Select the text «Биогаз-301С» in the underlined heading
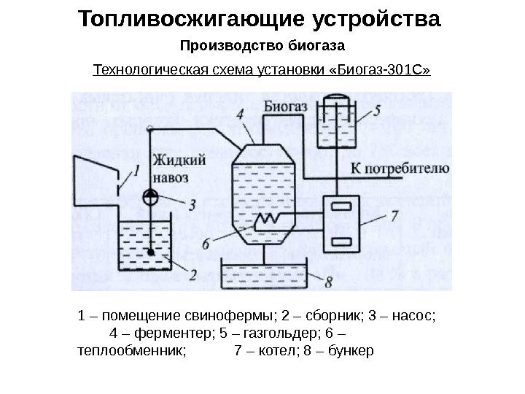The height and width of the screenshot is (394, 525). [x=383, y=70]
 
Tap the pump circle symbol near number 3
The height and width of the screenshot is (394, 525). [x=149, y=197]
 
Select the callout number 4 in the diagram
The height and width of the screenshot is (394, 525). [x=240, y=114]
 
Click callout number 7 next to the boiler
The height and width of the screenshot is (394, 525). [x=394, y=216]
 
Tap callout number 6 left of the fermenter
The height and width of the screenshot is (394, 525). [x=206, y=244]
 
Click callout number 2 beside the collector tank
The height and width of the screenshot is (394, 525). [x=192, y=274]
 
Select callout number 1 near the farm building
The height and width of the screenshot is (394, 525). [x=136, y=171]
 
